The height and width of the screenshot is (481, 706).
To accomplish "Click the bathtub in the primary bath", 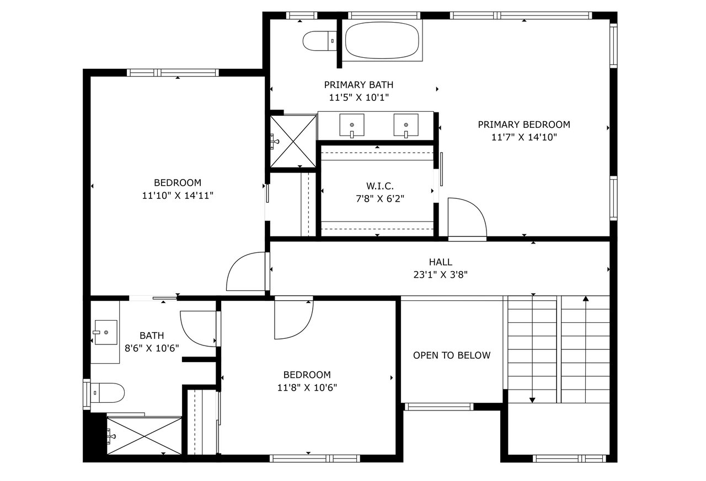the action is click(x=382, y=41).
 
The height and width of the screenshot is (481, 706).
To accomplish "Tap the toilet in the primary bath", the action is click(x=319, y=41).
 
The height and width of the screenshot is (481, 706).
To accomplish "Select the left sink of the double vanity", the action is click(x=352, y=126).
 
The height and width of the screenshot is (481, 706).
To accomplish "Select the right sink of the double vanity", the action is click(x=406, y=126).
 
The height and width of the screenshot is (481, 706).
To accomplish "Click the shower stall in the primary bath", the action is click(x=293, y=141).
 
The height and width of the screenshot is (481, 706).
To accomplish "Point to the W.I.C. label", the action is click(x=380, y=186).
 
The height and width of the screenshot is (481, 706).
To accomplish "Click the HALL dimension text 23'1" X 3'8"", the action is click(x=440, y=275).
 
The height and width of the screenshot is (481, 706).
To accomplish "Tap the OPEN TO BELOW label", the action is click(x=452, y=355).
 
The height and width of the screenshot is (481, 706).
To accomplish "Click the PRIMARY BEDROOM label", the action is click(x=524, y=125).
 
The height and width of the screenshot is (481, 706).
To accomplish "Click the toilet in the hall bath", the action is click(x=108, y=393).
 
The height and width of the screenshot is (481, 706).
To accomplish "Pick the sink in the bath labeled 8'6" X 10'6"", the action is click(x=106, y=332).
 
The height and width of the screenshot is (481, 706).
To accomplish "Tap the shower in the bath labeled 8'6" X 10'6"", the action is click(x=145, y=436).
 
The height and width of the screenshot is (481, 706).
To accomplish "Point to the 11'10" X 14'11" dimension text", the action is click(x=178, y=196).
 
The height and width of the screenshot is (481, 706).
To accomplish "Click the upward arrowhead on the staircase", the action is click(x=586, y=299).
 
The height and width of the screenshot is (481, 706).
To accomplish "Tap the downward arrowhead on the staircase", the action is click(x=532, y=400).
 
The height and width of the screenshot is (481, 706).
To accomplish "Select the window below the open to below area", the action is click(x=439, y=407).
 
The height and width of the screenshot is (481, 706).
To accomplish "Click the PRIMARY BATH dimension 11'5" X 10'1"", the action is click(x=359, y=98).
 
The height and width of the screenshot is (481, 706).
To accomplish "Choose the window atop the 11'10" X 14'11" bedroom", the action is click(x=173, y=73).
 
